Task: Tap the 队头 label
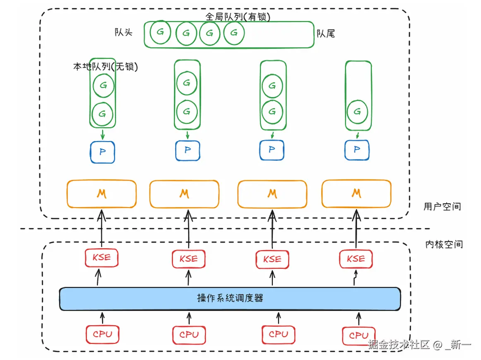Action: [123, 32]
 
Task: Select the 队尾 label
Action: [325, 34]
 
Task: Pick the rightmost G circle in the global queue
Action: [234, 33]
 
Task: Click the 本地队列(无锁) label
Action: [105, 66]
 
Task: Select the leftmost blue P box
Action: [102, 152]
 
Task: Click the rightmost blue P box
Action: [357, 150]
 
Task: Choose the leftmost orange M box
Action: [101, 193]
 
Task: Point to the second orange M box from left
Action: [184, 194]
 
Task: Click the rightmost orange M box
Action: [356, 193]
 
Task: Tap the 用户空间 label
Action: [442, 206]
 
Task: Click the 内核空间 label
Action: [444, 244]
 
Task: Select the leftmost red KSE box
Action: [101, 258]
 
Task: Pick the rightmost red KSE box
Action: [356, 259]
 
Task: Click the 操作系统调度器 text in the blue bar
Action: [230, 298]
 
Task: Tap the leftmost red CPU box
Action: [102, 334]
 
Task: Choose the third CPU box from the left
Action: [278, 334]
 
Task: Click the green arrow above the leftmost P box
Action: [103, 134]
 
